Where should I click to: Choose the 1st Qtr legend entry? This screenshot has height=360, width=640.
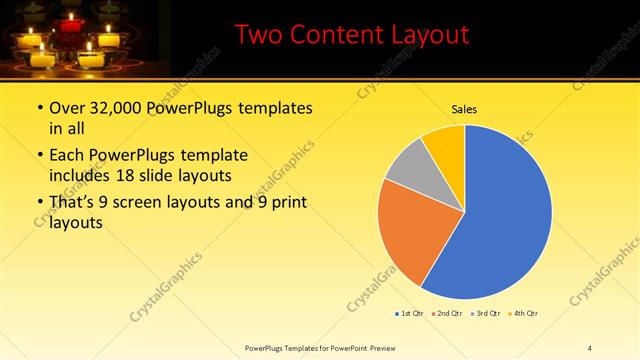411,313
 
